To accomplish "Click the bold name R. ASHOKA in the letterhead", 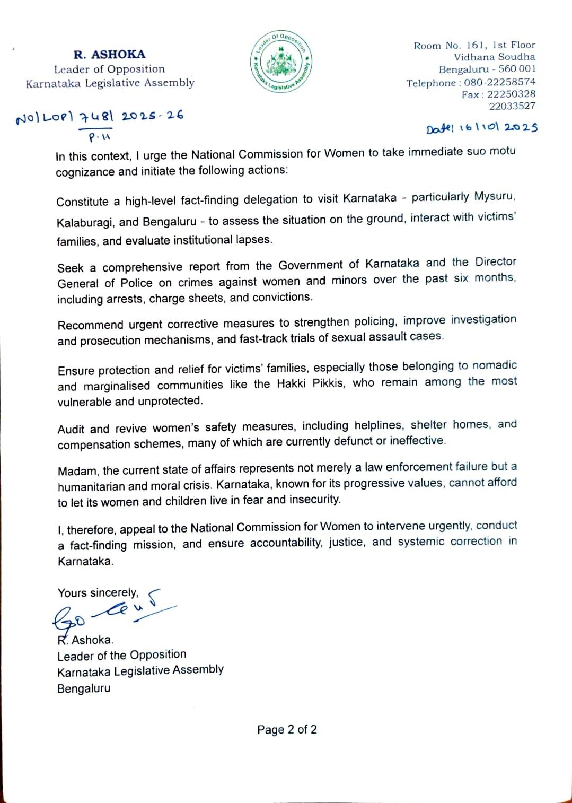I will click(109, 54).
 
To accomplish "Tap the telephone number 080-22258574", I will click(499, 82).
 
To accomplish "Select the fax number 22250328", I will click(511, 94).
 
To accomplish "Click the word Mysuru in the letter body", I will click(494, 197).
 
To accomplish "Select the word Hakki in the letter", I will click(292, 383).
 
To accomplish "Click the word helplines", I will click(379, 425).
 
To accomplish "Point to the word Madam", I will click(77, 470).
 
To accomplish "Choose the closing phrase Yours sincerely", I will click(98, 592).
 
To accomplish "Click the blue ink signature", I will click(114, 611).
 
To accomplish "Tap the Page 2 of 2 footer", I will click(287, 730).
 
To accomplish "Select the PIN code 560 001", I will click(517, 69).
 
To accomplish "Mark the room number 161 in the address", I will click(475, 46).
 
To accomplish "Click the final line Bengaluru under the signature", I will click(84, 688).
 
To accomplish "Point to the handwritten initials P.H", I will click(99, 137).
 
